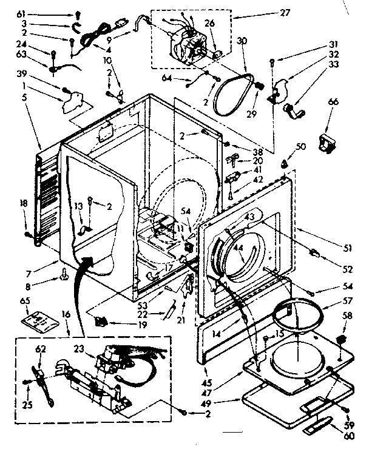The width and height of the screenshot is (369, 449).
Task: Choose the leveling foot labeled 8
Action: (x=63, y=279)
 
